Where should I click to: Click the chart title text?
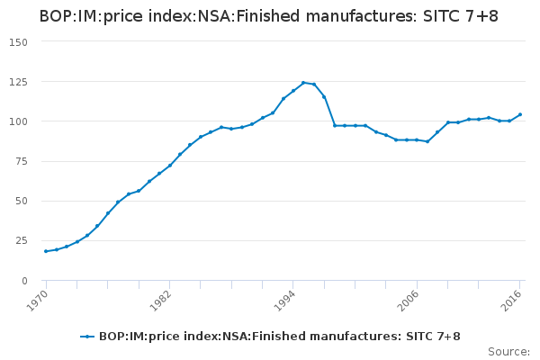268,17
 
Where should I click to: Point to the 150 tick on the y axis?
19,42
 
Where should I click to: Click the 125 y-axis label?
19,82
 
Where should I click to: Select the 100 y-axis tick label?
19,121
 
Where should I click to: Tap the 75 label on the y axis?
22,161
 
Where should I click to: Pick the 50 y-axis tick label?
22,201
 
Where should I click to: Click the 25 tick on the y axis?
22,240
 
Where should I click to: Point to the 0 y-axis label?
25,280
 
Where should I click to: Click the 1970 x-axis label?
37,300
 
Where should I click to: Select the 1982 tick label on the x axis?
161,300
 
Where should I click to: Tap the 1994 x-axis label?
285,300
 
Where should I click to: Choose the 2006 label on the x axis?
409,300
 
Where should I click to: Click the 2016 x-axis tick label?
513,300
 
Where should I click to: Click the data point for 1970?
46,251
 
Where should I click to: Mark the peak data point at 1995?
304,82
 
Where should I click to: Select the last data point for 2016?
520,114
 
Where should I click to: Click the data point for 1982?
169,165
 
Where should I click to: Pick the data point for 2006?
418,139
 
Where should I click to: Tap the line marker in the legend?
87,337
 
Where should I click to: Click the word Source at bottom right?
508,351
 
